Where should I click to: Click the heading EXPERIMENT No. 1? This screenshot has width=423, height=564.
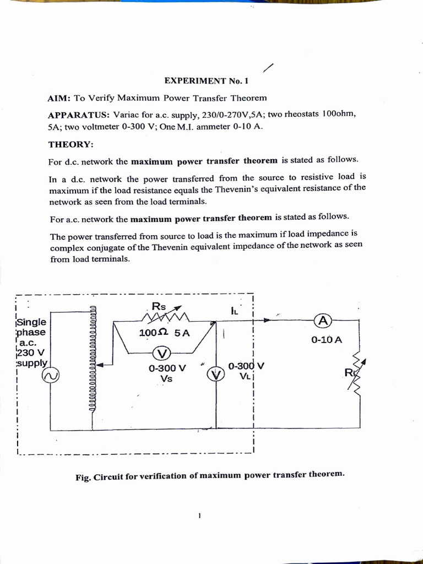(207, 80)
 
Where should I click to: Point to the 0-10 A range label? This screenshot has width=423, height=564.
(327, 340)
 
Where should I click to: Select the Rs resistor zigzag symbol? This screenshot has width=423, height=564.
(165, 317)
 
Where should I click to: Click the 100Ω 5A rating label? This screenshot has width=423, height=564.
(164, 333)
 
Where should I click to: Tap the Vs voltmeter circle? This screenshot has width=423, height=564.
(162, 354)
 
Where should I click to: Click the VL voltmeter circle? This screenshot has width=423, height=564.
(216, 375)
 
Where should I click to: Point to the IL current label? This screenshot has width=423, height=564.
(234, 311)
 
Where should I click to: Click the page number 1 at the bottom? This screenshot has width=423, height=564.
(200, 516)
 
